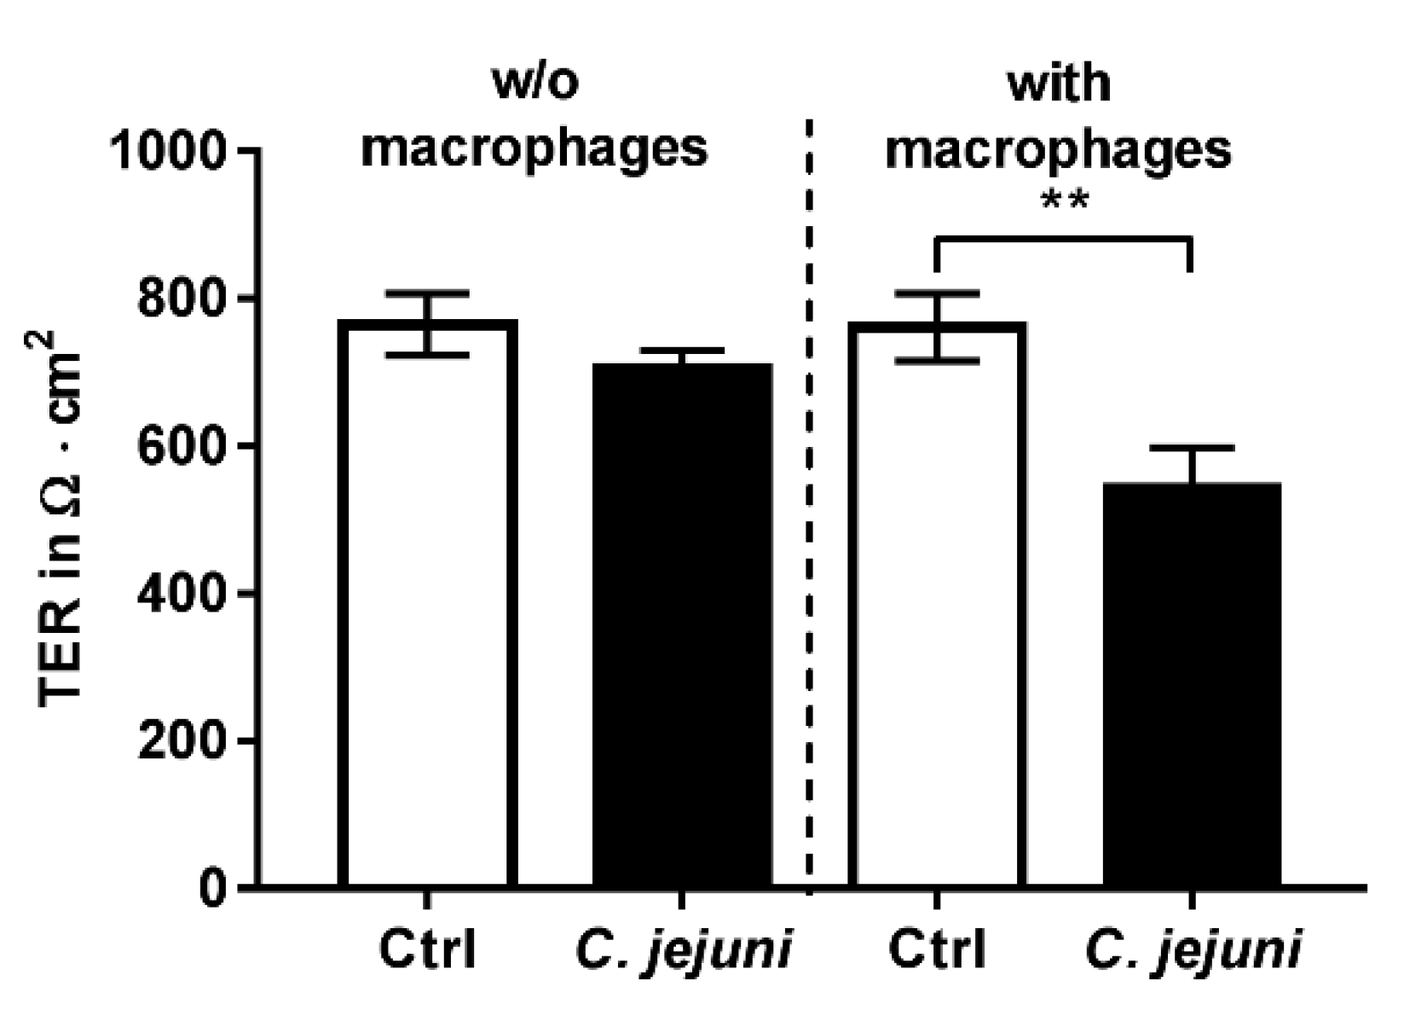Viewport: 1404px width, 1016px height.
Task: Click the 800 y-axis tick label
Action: (183, 299)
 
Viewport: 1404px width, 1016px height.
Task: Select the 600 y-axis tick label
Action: (183, 447)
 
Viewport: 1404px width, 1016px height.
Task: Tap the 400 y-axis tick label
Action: (183, 594)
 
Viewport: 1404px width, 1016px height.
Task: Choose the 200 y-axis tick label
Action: (183, 741)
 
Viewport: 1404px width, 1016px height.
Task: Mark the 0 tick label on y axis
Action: (213, 889)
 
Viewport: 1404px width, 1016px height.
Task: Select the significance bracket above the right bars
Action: (1062, 240)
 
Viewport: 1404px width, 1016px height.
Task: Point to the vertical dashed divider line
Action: (809, 512)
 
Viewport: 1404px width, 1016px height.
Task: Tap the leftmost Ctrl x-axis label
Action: (427, 949)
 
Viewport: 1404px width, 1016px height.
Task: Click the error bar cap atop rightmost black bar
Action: (1191, 448)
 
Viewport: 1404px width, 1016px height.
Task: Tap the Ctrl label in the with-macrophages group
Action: (937, 949)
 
